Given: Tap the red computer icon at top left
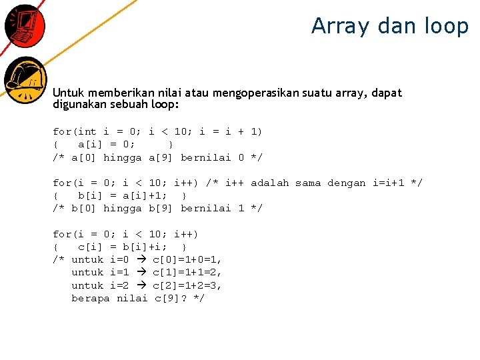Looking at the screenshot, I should (x=24, y=25).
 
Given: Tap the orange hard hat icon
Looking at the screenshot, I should (x=25, y=79).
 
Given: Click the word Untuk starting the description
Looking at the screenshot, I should (x=69, y=93).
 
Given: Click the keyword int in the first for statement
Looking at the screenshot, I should (x=87, y=132).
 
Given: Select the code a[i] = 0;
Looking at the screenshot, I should (x=107, y=145).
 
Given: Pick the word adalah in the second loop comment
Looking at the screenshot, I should (x=270, y=183).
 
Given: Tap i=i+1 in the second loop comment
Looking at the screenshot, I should (x=392, y=183).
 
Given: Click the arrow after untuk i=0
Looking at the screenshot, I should (x=141, y=259).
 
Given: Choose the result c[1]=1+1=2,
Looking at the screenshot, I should (x=187, y=272).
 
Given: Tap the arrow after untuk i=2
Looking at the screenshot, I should (x=141, y=285).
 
